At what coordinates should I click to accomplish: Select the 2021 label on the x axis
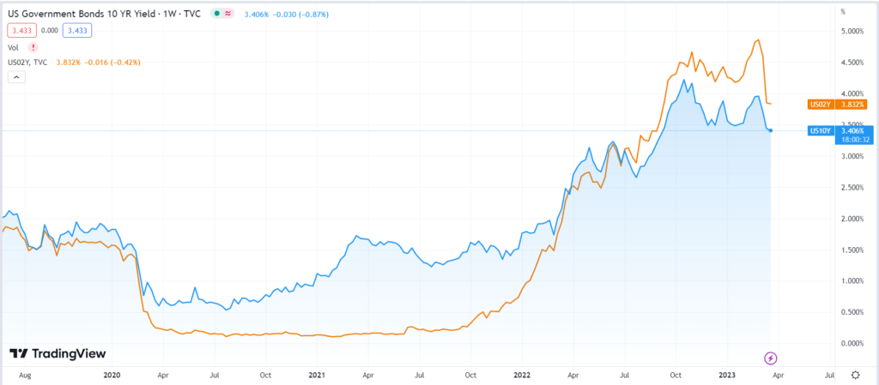click(x=317, y=376)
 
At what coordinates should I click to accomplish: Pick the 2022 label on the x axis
click(x=522, y=376)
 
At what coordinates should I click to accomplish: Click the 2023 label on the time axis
click(x=728, y=376)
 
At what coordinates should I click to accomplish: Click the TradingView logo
click(x=53, y=353)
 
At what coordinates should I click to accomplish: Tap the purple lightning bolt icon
click(x=770, y=357)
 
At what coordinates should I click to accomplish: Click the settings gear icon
click(x=856, y=376)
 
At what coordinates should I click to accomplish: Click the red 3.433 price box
click(x=20, y=30)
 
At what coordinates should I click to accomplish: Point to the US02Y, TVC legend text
click(x=27, y=62)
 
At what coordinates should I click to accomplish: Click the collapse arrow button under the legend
click(x=15, y=77)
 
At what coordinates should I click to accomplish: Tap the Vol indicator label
click(x=12, y=47)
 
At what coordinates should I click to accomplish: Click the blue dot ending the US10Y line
click(x=771, y=130)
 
